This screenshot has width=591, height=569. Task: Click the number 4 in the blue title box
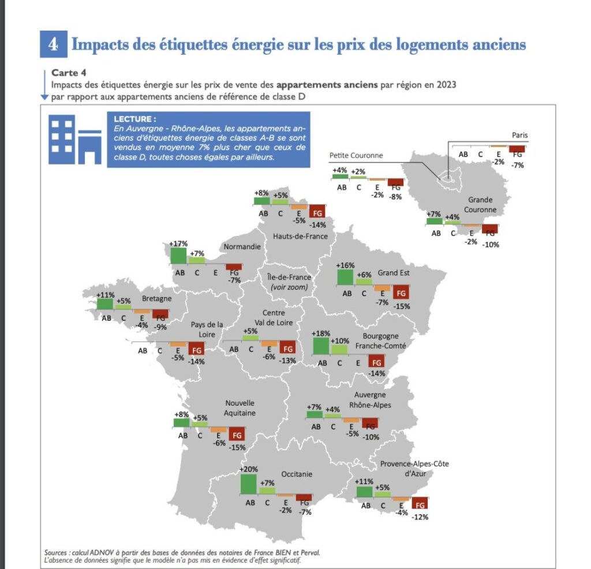53,44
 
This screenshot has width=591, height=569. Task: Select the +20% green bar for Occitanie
248,484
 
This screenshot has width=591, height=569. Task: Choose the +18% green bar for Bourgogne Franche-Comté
320,346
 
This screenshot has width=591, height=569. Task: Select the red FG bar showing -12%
420,503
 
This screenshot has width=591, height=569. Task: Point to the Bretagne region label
157,299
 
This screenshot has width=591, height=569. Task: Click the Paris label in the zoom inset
519,136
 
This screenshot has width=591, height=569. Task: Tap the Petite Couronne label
356,155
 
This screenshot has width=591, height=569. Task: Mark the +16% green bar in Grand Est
345,276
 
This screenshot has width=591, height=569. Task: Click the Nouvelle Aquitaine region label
240,407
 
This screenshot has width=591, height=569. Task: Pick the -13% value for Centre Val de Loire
287,361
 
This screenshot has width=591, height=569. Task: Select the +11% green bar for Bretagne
105,304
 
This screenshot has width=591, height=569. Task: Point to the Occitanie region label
296,474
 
